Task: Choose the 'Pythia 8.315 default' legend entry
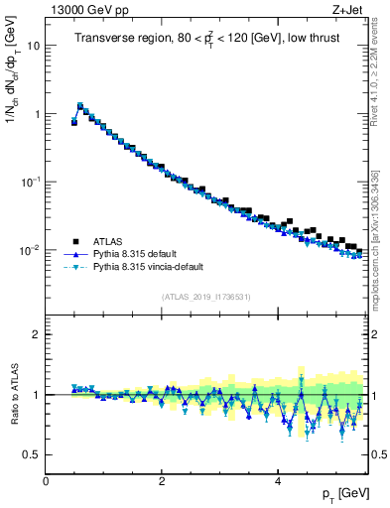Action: click(140, 254)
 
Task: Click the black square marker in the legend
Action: click(74, 241)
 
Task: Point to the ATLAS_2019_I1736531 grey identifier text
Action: click(207, 297)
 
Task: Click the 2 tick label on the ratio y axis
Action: click(37, 334)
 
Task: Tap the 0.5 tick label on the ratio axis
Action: click(32, 454)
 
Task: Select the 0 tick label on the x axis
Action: click(47, 480)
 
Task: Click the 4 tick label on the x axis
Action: click(277, 480)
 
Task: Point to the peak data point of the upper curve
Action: click(80, 105)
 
